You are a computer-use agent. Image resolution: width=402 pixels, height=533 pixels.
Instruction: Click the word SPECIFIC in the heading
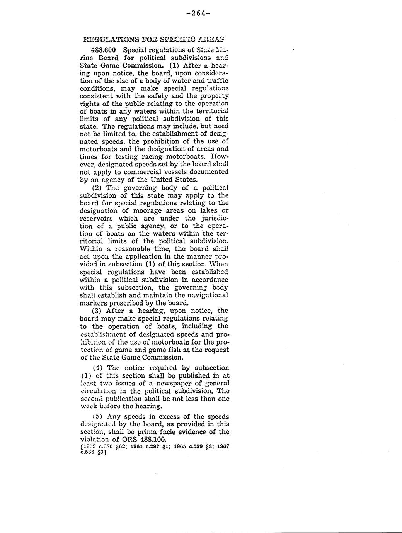175,39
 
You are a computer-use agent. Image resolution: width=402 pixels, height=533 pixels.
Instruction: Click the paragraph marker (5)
98,416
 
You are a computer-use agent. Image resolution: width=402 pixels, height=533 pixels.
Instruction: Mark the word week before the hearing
87,406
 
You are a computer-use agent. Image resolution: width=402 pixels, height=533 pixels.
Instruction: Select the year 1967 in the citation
223,446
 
